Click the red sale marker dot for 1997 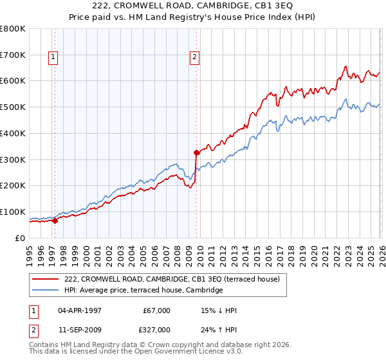[55, 221]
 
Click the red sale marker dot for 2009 [196, 152]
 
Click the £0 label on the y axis [21, 238]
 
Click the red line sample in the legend [47, 280]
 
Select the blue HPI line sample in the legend [47, 291]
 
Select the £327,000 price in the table [158, 329]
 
